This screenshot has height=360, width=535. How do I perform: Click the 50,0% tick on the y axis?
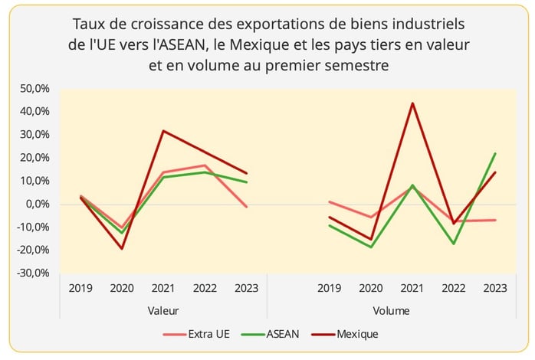point(34,89)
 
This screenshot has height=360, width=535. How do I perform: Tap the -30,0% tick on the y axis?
point(32,273)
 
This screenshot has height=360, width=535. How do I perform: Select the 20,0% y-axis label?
point(34,158)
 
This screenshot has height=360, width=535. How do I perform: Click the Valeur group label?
point(163,311)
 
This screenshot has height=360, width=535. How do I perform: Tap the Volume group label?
point(391,311)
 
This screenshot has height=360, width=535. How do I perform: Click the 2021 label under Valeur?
point(163,289)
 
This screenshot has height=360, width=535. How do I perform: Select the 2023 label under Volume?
point(495,289)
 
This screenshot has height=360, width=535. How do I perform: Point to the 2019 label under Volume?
point(329,289)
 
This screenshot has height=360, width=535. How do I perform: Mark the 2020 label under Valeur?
point(122,289)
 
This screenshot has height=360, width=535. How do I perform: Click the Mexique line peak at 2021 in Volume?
point(412,103)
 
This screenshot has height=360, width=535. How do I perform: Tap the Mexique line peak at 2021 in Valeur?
point(163,131)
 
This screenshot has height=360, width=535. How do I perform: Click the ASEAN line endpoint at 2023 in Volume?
point(495,153)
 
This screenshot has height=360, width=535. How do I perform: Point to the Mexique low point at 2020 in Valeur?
point(122,248)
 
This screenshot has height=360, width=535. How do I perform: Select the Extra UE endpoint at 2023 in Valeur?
point(247,207)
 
